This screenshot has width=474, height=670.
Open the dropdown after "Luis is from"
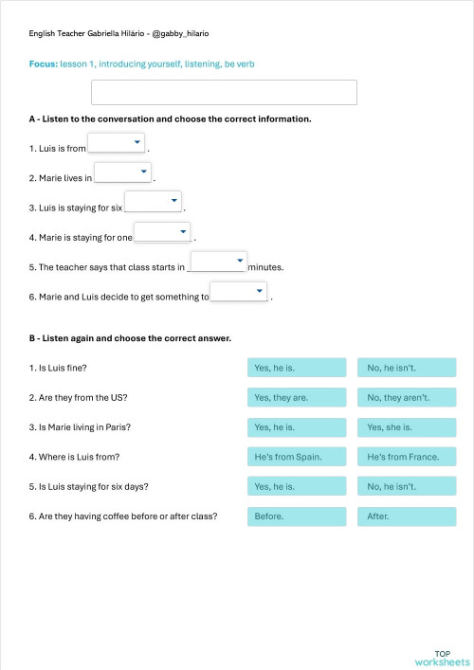coord(117,143)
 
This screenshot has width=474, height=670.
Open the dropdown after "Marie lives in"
coord(123,172)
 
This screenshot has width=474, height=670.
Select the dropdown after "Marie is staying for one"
coord(162,232)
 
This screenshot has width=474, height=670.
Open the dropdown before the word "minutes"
coord(218,262)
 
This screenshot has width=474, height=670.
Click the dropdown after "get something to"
coord(238,292)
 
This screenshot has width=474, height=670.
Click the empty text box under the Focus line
coord(224,92)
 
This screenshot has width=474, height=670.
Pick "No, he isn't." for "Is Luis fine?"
coord(407,368)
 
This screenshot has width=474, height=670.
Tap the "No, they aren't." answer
coord(407,398)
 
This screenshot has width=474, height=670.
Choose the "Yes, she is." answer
coord(407,427)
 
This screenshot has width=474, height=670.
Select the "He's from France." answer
coord(407,457)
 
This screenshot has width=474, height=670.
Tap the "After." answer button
coord(407,517)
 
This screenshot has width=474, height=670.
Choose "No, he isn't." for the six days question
coord(407,487)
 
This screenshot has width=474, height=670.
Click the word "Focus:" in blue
coord(44,63)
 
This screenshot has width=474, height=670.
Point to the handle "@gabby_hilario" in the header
coord(181,33)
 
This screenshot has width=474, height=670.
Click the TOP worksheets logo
coord(442,657)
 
